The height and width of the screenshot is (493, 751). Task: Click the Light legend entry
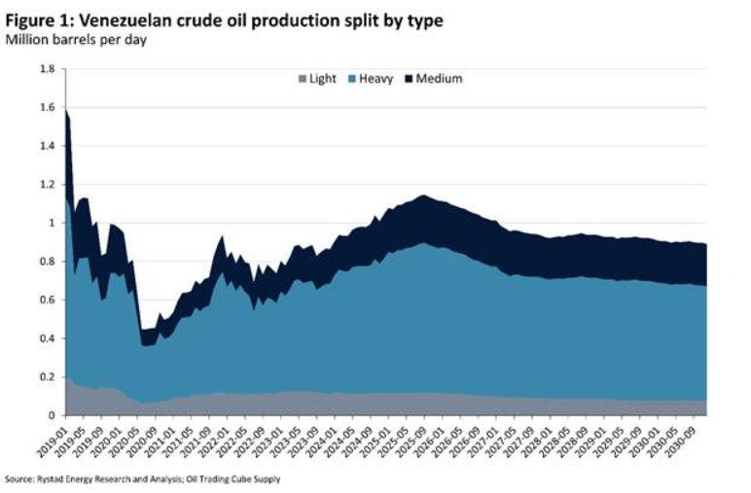[x=322, y=79]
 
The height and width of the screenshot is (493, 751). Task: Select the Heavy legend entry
[x=376, y=79]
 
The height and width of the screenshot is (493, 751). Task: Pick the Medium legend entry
[x=439, y=79]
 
